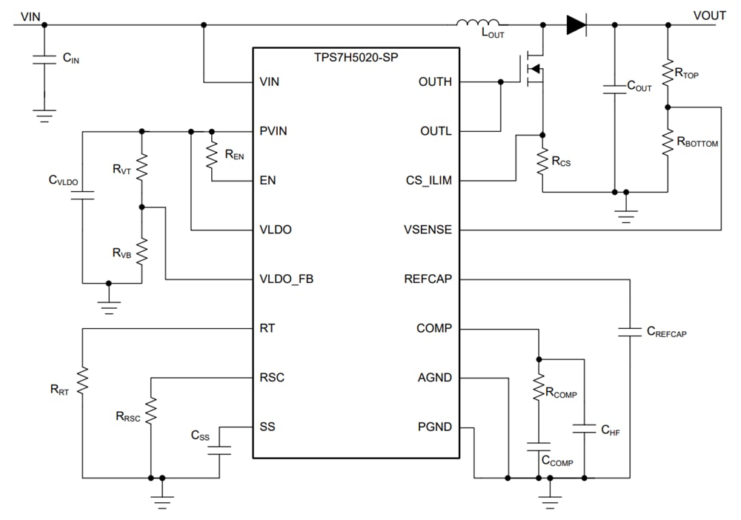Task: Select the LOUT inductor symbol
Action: pyautogui.click(x=478, y=24)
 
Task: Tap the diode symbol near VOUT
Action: pyautogui.click(x=576, y=24)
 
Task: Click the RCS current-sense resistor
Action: pyautogui.click(x=542, y=159)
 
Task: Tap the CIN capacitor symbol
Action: pyautogui.click(x=44, y=59)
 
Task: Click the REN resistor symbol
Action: pyautogui.click(x=212, y=155)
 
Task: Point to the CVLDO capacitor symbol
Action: pyautogui.click(x=82, y=196)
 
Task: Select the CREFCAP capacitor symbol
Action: pyautogui.click(x=629, y=333)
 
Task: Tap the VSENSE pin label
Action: pyautogui.click(x=427, y=230)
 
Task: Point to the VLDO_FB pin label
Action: pyautogui.click(x=286, y=279)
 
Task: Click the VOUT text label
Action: pyautogui.click(x=709, y=15)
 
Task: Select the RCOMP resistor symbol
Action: pyautogui.click(x=539, y=392)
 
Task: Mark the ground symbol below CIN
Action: pyautogui.click(x=44, y=114)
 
